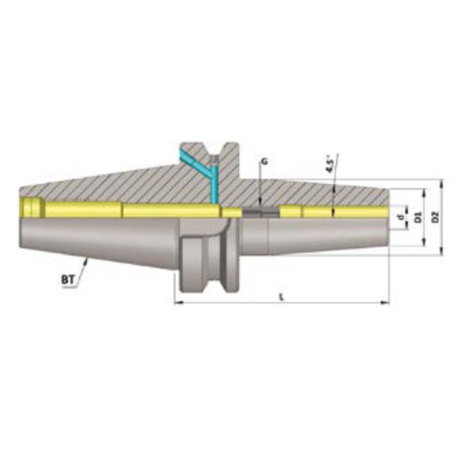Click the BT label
[67, 280]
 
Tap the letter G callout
[264, 163]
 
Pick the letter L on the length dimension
[281, 296]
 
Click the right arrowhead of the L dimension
[385, 302]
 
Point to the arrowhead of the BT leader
[86, 261]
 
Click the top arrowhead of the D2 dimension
[442, 182]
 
